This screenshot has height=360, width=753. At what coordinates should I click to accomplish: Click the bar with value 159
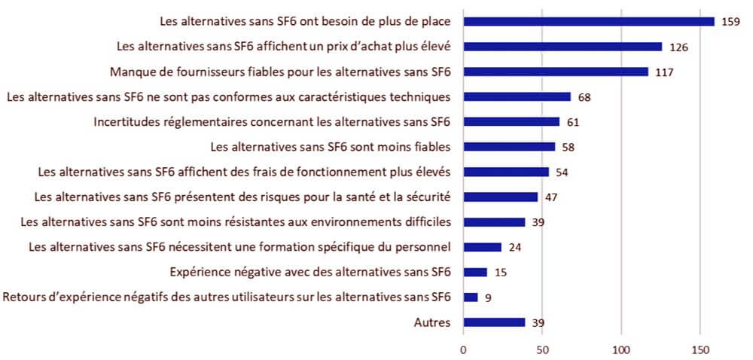tap(589, 21)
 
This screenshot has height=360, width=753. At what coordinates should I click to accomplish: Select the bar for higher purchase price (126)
tap(562, 47)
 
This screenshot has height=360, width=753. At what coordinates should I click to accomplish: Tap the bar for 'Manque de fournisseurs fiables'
tap(556, 72)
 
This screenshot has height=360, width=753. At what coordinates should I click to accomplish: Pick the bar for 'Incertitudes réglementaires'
tap(511, 121)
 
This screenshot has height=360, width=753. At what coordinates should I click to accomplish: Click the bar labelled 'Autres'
tap(494, 322)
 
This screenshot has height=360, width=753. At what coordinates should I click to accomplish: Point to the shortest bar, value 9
tap(471, 297)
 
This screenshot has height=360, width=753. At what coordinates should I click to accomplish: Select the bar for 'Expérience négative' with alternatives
tap(475, 272)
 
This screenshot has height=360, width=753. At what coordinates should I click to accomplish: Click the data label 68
tap(584, 97)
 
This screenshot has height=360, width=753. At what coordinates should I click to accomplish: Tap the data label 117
tap(663, 72)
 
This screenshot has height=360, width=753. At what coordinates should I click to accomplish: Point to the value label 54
tap(562, 172)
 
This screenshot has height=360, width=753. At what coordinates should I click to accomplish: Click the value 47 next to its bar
tap(550, 197)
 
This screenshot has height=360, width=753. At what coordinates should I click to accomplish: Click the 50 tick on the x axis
tap(542, 349)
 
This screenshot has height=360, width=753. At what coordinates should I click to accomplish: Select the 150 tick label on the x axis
tap(700, 349)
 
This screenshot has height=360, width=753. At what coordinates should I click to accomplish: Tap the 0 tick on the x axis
tap(463, 349)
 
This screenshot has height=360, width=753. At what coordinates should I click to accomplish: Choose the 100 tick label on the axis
tap(621, 349)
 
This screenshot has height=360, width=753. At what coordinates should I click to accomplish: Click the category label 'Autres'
tap(432, 322)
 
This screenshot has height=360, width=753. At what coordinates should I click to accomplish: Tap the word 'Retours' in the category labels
tap(24, 297)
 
